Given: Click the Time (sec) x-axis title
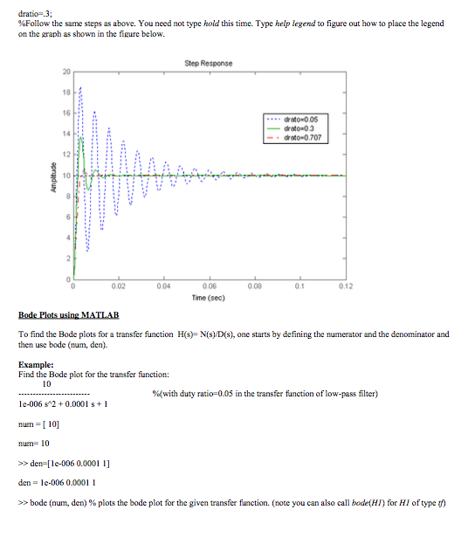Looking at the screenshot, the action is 209,298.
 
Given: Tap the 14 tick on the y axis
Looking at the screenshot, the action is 65,134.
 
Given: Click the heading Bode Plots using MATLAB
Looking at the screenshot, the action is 68,313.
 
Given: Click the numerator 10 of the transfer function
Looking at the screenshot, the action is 47,382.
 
